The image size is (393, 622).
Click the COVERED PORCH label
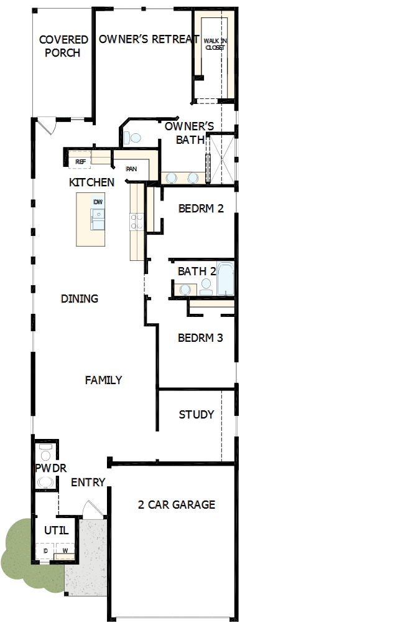click(x=63, y=47)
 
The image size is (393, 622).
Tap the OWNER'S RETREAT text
click(x=149, y=39)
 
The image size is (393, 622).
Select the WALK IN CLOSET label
click(x=215, y=44)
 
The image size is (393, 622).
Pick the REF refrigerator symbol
click(x=80, y=161)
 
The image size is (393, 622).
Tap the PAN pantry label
click(x=131, y=169)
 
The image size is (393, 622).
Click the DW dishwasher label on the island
click(x=98, y=202)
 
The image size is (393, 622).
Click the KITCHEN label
click(x=91, y=182)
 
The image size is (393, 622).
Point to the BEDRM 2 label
click(x=200, y=209)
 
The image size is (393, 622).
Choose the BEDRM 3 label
click(x=200, y=338)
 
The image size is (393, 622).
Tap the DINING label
click(x=80, y=299)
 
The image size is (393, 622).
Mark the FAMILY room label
click(x=103, y=380)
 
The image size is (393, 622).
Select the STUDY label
click(x=196, y=415)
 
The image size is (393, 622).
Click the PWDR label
click(x=50, y=468)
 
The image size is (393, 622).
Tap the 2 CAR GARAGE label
click(x=177, y=504)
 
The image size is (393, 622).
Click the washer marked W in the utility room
click(x=65, y=551)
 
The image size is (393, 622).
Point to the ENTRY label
click(x=88, y=483)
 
